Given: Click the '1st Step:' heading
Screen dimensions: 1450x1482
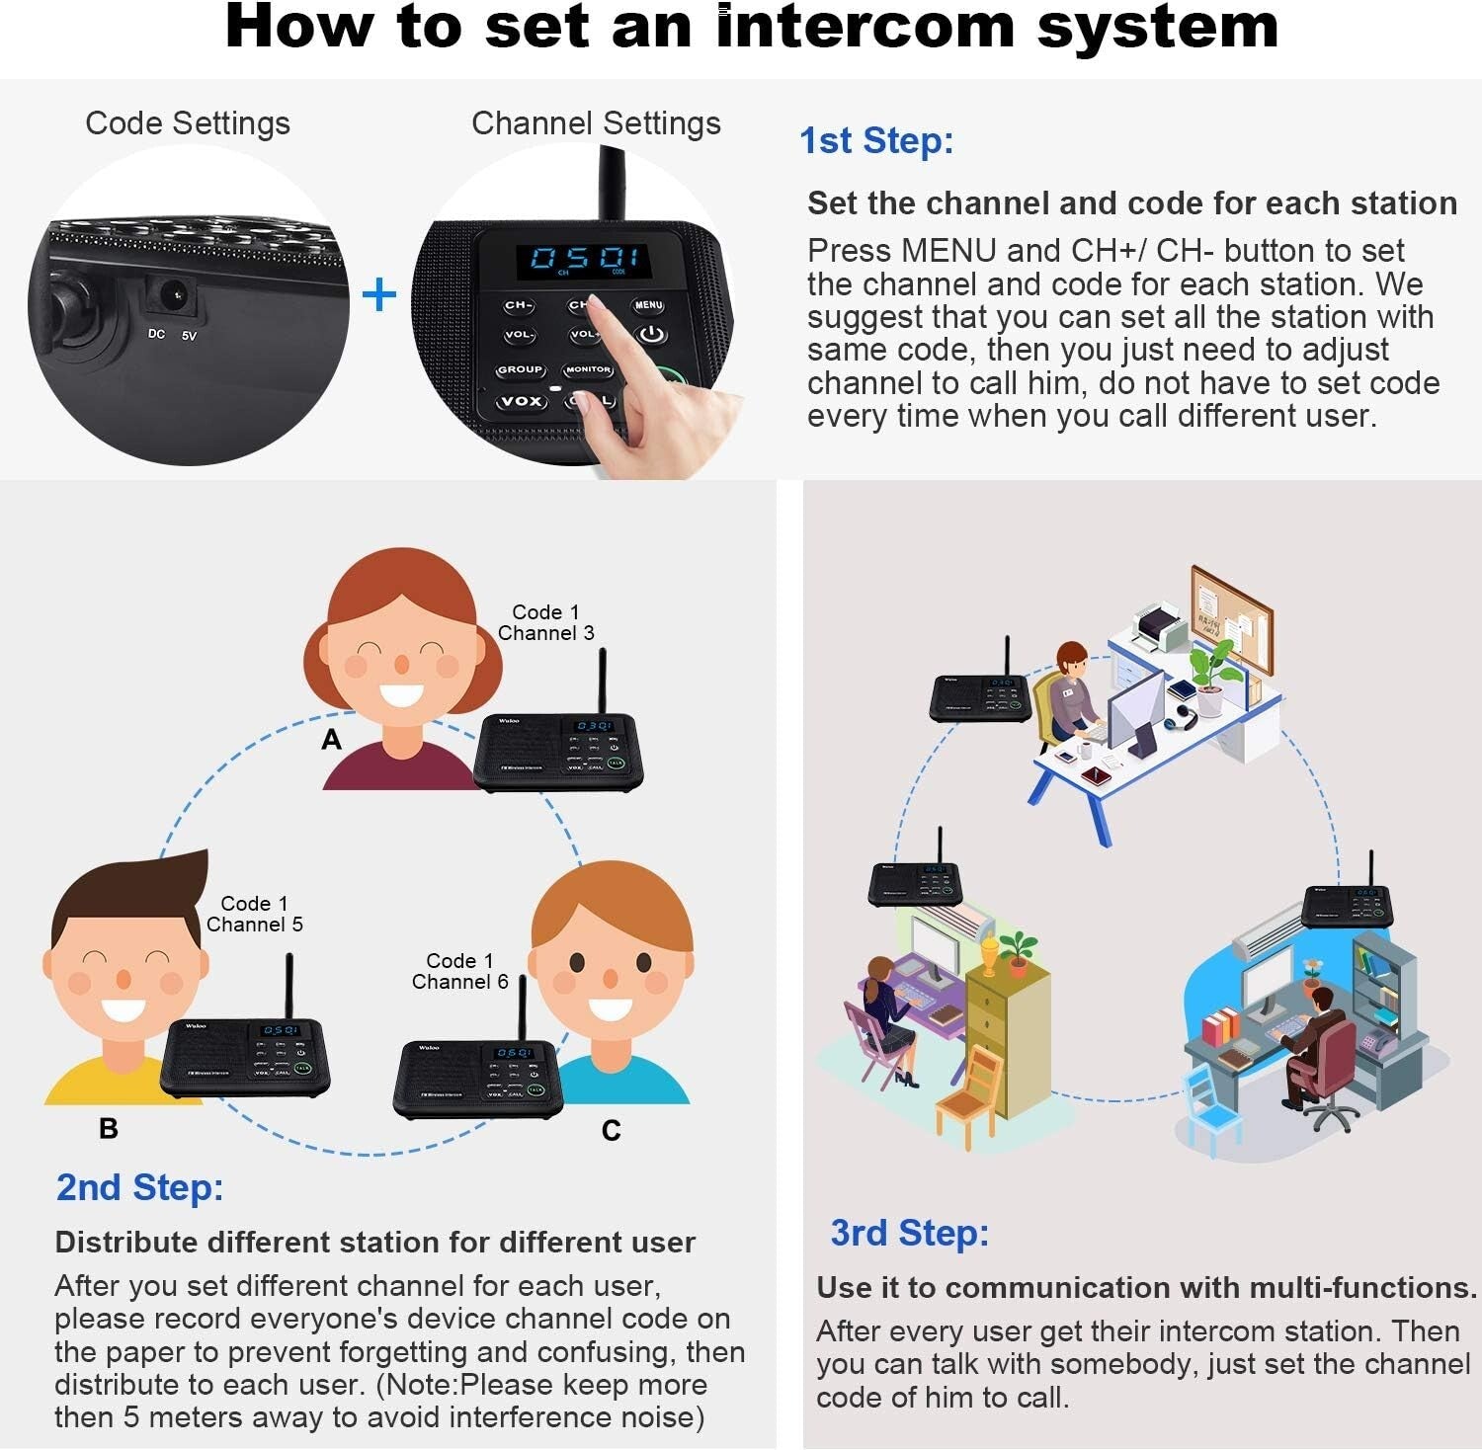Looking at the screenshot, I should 875,140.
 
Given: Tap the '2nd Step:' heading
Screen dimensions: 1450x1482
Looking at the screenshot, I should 139,1187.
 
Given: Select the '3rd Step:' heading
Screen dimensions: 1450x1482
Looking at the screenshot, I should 909,1233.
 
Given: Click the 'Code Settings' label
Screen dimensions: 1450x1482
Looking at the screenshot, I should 188,123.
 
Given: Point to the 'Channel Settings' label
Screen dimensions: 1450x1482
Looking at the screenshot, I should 596,123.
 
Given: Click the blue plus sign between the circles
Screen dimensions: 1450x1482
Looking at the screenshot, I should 379,295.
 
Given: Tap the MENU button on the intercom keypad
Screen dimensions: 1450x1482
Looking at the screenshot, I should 648,306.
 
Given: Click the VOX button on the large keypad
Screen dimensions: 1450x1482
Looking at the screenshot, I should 520,401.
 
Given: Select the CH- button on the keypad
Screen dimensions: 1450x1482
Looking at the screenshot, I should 518,306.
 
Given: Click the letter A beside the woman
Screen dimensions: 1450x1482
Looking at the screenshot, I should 332,739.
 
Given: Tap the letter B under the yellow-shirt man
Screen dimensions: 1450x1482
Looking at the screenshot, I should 109,1128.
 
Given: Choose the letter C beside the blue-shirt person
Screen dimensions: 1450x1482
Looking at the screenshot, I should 612,1131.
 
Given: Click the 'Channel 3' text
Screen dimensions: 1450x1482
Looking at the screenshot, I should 545,633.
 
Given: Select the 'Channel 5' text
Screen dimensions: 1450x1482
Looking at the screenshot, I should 254,925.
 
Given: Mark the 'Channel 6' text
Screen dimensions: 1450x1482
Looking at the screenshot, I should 459,982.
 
